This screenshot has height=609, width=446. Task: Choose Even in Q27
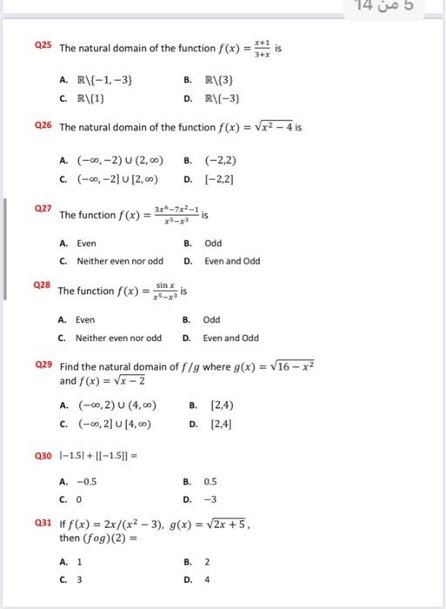(x=86, y=244)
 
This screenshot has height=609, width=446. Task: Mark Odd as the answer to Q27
(x=213, y=244)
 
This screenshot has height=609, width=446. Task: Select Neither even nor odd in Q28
(x=118, y=338)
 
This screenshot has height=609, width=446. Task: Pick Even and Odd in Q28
(x=230, y=338)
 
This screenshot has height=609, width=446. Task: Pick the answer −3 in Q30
(x=210, y=499)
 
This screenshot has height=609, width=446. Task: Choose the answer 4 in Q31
(x=207, y=578)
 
